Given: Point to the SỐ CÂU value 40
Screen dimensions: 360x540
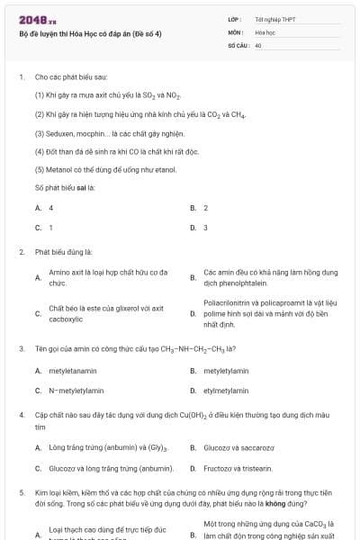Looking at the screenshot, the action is click(258, 44).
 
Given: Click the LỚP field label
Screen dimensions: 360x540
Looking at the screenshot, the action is click(234, 19).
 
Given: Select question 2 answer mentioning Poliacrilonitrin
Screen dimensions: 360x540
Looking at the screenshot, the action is click(270, 313).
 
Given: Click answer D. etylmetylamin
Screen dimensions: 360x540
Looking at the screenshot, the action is click(226, 391).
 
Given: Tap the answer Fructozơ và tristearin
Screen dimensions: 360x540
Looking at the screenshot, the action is click(238, 468).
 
